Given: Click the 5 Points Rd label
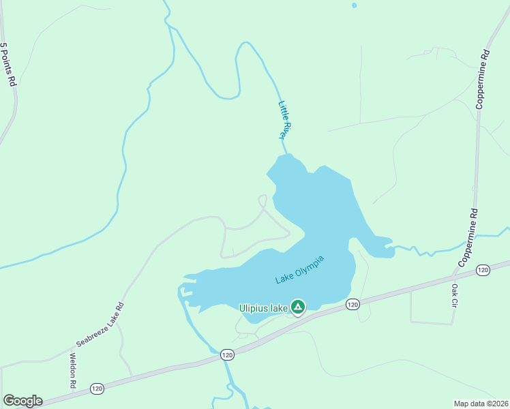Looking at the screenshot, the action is (x=7, y=64).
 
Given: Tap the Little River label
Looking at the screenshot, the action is (x=285, y=121).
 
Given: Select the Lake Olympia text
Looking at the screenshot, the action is (x=299, y=270).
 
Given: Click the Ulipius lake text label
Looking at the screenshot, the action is (x=263, y=308).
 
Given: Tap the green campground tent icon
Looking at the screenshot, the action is (x=298, y=307).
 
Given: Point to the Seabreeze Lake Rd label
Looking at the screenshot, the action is (x=100, y=324).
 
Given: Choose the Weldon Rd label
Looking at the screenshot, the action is (x=72, y=372).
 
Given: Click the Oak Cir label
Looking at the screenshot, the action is (x=454, y=295).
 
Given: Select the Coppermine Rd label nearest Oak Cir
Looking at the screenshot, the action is (x=469, y=237).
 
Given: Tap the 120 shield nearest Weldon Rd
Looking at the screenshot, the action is (x=97, y=388).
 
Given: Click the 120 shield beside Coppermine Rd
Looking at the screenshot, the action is (x=483, y=271).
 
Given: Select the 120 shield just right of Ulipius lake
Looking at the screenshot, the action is (x=352, y=304).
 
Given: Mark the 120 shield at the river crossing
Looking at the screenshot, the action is (x=227, y=354).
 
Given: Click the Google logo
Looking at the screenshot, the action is (x=22, y=401).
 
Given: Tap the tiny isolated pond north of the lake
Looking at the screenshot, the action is (x=354, y=5).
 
